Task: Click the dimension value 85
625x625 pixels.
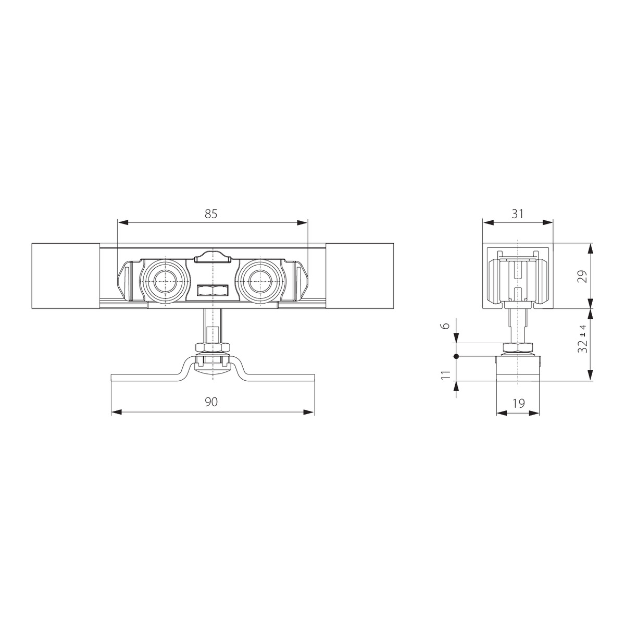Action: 210,214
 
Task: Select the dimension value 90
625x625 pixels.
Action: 211,402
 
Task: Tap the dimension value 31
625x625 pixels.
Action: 518,214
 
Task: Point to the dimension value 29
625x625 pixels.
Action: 583,277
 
